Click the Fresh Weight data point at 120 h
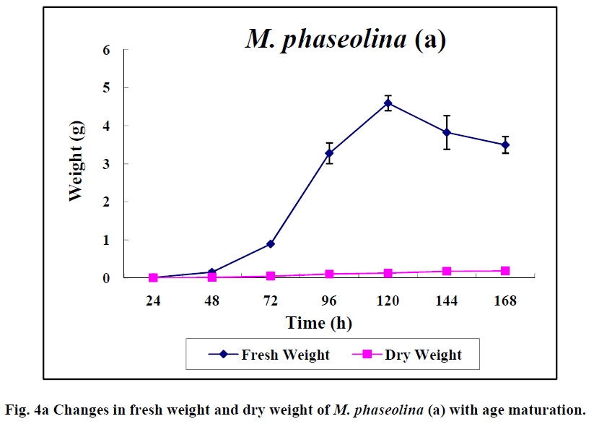(x=388, y=103)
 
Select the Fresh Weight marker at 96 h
(x=329, y=153)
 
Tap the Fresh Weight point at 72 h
(x=271, y=243)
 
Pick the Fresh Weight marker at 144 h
(x=447, y=132)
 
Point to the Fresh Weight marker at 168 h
(x=505, y=144)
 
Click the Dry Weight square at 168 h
(x=505, y=271)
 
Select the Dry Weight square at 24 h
(x=153, y=277)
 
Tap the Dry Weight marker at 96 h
(x=329, y=274)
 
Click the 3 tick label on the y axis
(x=106, y=164)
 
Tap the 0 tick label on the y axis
(x=106, y=278)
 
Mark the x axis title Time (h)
(x=318, y=322)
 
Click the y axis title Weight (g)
(x=76, y=164)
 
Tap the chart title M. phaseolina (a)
(x=346, y=39)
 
